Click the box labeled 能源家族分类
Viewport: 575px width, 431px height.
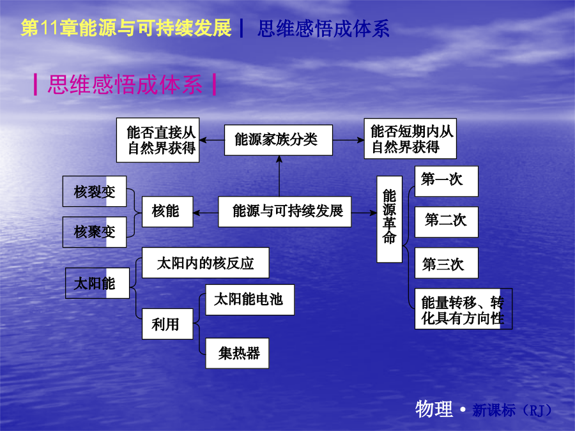pos(279,140)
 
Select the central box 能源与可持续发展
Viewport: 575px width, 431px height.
pos(284,211)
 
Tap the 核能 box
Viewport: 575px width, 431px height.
pos(167,211)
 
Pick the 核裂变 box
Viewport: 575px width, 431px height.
pos(95,192)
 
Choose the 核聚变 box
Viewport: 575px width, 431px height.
pos(95,232)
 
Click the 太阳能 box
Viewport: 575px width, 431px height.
pos(97,283)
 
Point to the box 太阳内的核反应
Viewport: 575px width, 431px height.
pos(205,263)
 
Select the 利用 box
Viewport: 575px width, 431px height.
pos(167,324)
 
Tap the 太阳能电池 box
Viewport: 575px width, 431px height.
pos(250,300)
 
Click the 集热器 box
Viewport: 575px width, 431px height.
pos(237,353)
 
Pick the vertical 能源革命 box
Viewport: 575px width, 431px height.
pos(390,219)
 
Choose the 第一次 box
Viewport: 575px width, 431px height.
pos(447,181)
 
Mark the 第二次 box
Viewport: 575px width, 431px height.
pos(447,222)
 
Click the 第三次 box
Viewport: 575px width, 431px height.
pos(447,263)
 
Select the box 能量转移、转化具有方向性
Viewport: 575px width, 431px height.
pos(464,309)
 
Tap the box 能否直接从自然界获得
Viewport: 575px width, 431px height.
pos(158,140)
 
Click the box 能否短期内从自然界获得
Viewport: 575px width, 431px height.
pos(410,139)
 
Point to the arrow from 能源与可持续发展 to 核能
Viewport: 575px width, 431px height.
pos(206,213)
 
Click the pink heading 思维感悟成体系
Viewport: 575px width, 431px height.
pos(125,85)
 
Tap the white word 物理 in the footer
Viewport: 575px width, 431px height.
pos(434,409)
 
